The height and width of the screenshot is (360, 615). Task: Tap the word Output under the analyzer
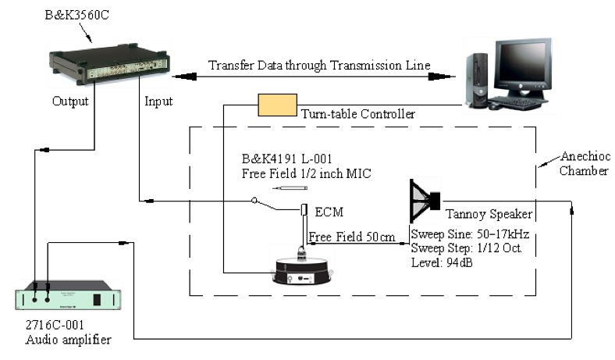click(71, 101)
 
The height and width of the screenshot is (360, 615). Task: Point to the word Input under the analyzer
click(159, 101)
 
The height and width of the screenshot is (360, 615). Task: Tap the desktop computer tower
click(478, 78)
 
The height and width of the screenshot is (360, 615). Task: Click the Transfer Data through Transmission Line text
click(319, 65)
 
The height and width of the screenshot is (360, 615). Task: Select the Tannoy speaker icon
click(425, 201)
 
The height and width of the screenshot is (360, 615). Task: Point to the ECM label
click(330, 210)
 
